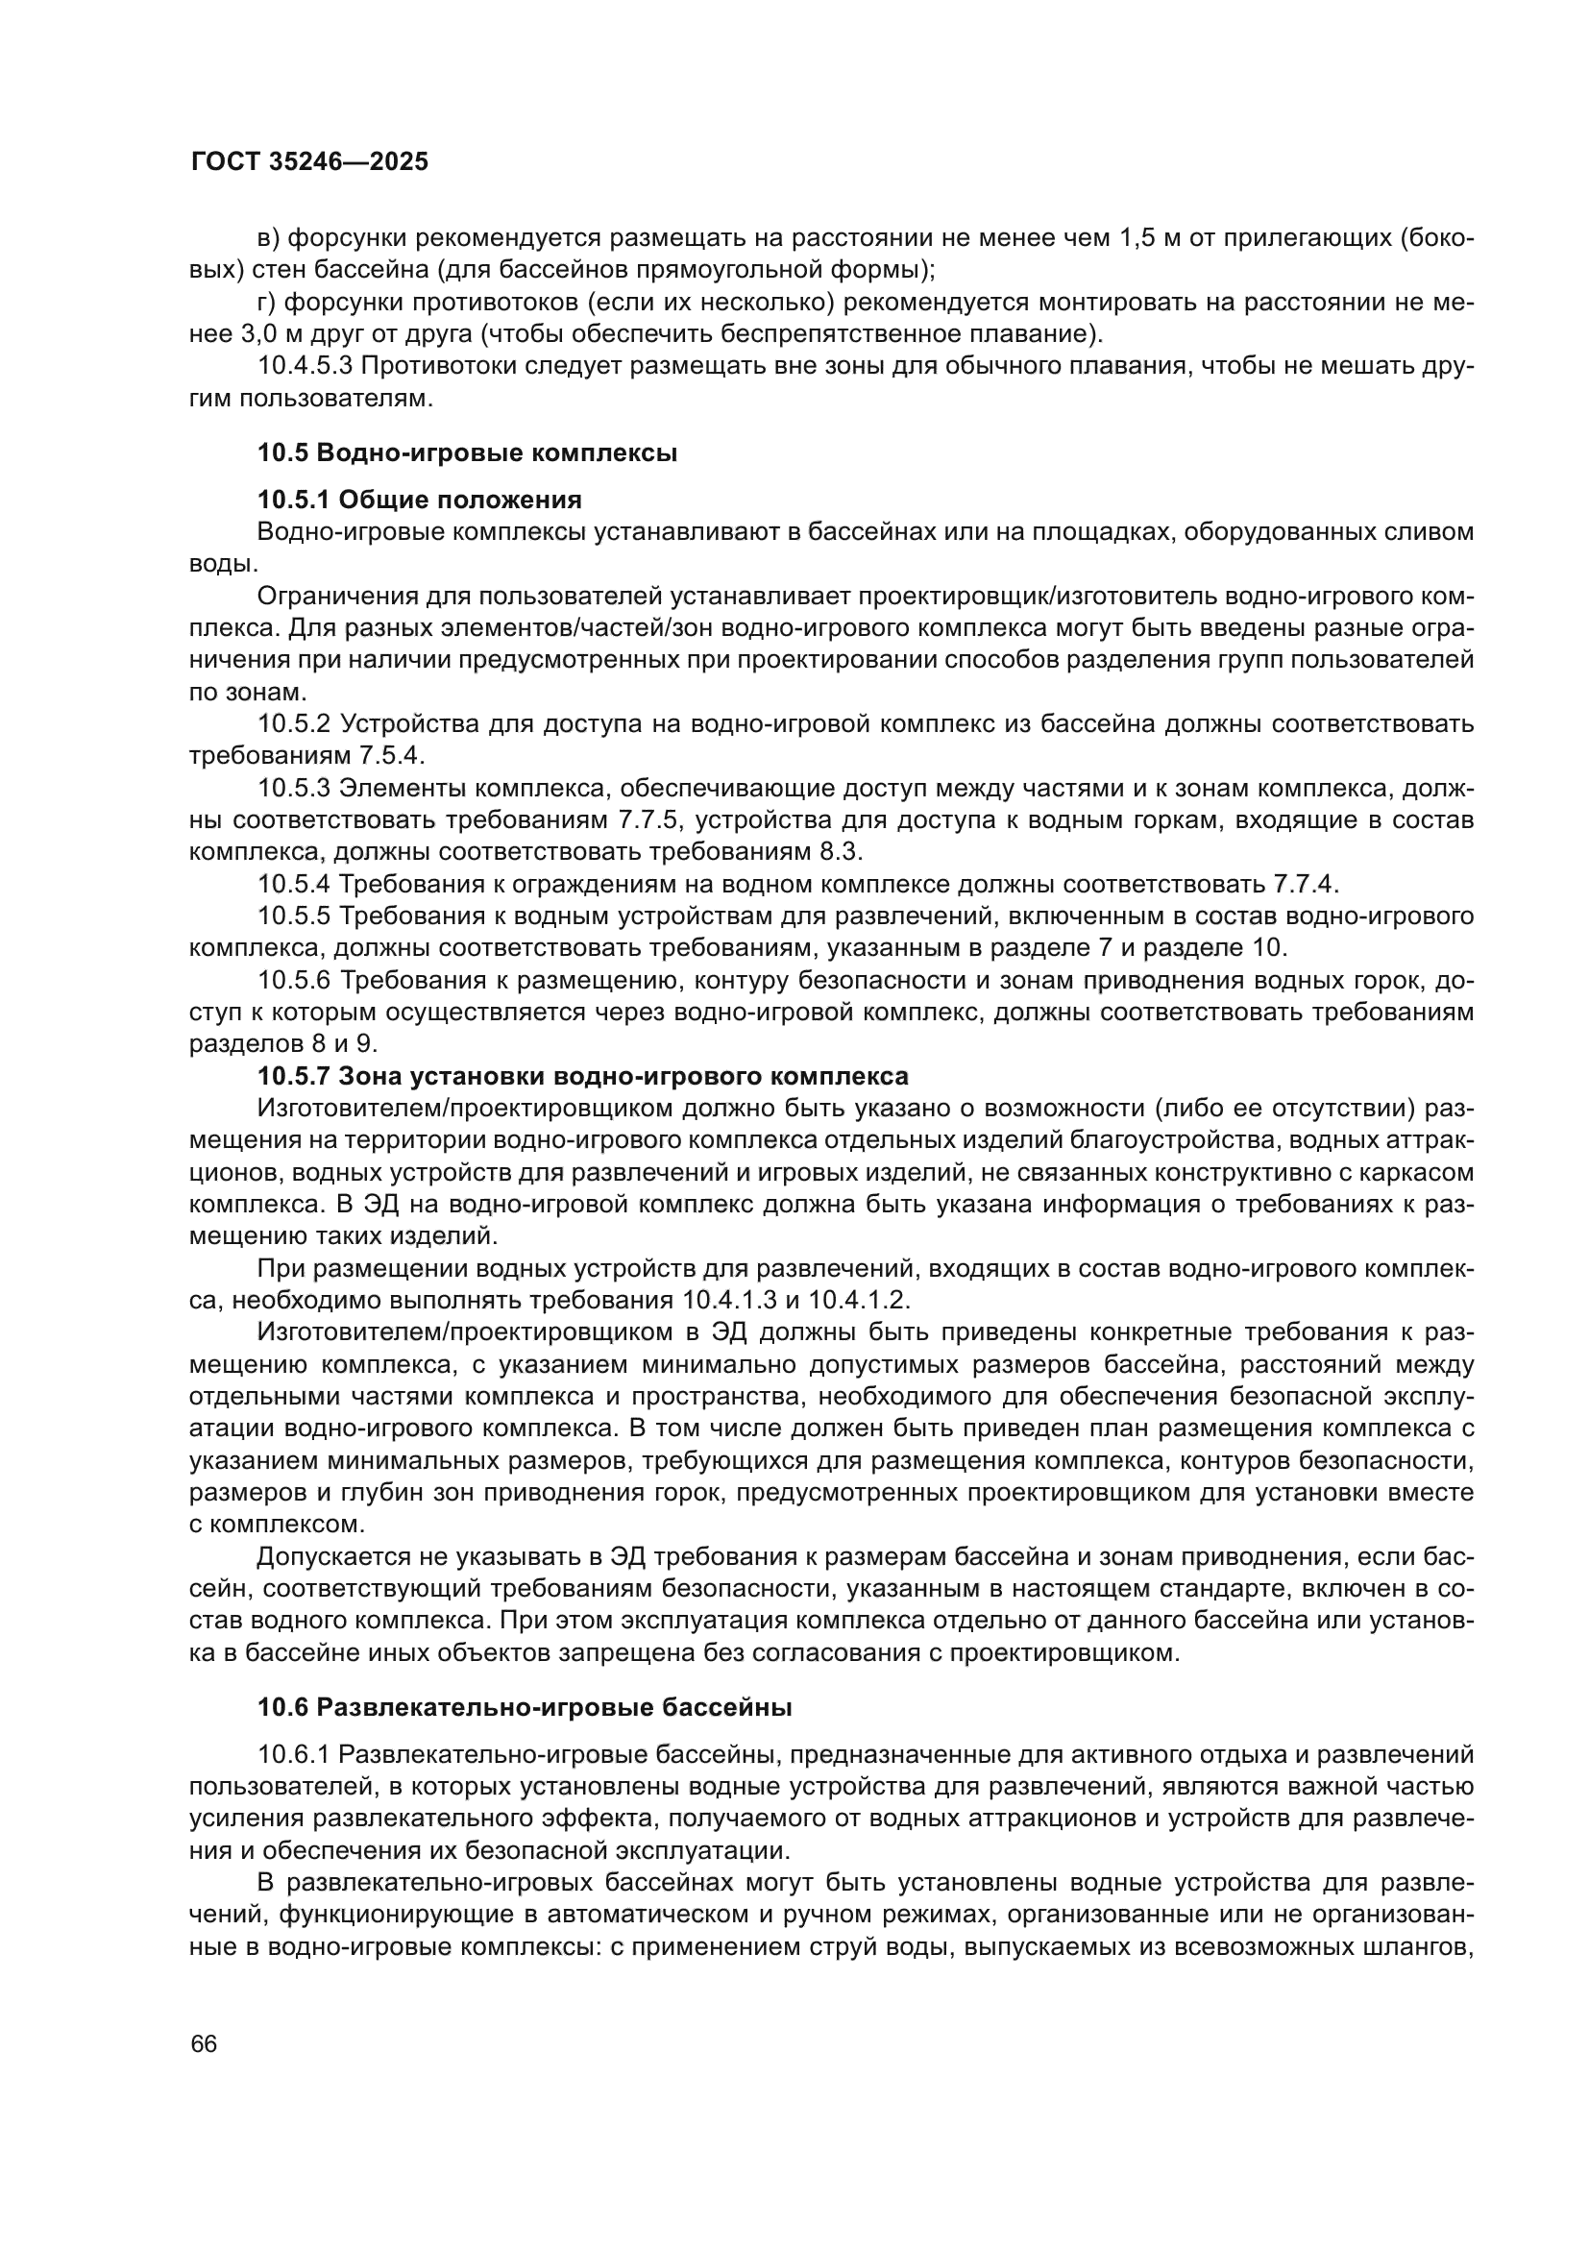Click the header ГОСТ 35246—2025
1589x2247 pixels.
pos(309,162)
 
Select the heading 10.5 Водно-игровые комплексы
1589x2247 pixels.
pos(468,453)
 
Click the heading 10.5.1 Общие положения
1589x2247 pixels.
pos(419,501)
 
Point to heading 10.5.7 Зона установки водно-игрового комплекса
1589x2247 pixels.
pos(583,1077)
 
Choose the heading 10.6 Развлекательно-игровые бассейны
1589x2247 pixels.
pos(525,1708)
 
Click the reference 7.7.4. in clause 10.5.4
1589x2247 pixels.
pos(1306,884)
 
